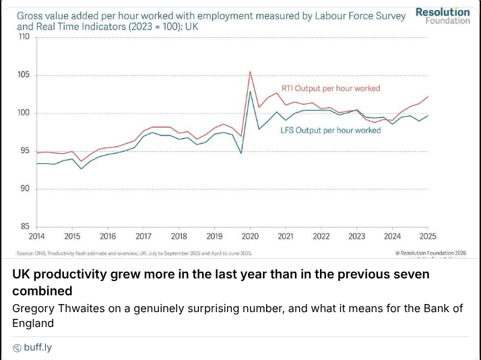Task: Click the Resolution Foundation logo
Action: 443,16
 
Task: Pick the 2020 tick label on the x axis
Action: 250,237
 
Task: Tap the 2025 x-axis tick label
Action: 428,237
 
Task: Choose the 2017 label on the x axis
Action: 143,237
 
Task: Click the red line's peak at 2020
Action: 251,71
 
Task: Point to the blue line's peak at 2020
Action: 251,91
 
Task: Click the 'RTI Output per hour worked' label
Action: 330,88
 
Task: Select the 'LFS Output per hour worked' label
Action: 330,130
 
